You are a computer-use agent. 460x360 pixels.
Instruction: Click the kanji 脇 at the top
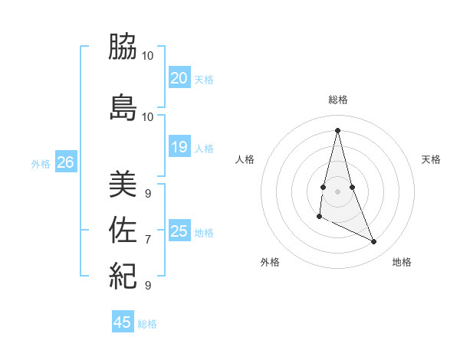coord(123,47)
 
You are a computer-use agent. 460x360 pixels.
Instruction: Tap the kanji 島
coord(123,107)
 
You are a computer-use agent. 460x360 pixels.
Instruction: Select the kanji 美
coord(123,184)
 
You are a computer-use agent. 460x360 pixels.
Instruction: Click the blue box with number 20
coord(179,78)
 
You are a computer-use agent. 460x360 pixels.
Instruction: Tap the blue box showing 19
coord(179,147)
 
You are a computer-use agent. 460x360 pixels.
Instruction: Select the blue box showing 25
coord(179,231)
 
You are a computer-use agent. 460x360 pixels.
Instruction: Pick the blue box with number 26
coord(65,162)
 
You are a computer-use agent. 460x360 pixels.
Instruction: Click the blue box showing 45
coord(123,322)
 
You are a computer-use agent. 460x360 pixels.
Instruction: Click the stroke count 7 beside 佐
coord(148,240)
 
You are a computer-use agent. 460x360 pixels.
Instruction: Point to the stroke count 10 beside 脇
coord(148,56)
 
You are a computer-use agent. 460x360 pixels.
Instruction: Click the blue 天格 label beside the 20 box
coord(204,80)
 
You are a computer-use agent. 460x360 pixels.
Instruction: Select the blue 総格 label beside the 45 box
coord(147,324)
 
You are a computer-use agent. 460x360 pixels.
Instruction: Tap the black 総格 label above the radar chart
coord(338,100)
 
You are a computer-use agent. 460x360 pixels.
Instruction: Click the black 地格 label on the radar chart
coord(402,263)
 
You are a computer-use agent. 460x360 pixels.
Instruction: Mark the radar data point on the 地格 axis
coord(374,242)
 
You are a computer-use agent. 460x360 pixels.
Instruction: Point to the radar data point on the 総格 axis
coord(338,129)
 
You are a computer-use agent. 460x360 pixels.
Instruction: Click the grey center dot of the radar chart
coord(338,191)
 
